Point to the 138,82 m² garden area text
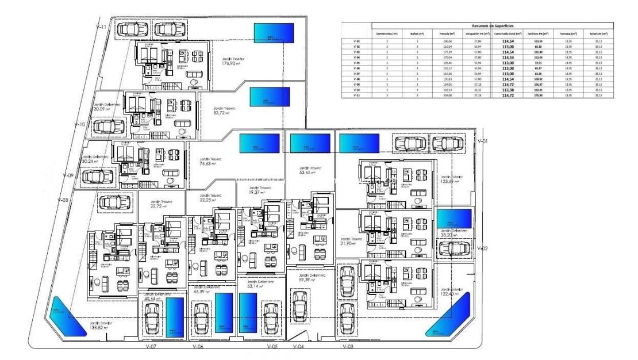coord(101,326)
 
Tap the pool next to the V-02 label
coord(454,219)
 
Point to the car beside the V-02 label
coord(454,249)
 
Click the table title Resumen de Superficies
coord(489,26)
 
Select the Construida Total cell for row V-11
coord(507,95)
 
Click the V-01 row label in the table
coord(356,41)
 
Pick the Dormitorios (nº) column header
coord(387,33)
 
